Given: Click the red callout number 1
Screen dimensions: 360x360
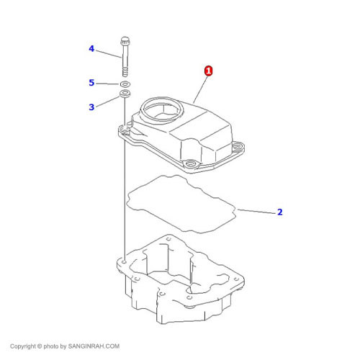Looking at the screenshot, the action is click(208, 71).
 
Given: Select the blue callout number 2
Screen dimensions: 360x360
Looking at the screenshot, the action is click(279, 212).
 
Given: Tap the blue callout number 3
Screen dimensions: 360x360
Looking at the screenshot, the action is click(91, 107).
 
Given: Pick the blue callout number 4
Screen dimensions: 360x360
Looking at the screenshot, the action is click(91, 49).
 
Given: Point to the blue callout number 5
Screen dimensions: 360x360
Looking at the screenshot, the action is click(91, 83).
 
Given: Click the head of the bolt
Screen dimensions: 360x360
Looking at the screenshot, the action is click(125, 41).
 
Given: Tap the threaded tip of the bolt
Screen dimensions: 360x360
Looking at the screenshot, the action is click(125, 72).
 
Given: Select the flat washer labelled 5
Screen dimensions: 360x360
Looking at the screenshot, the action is click(125, 84).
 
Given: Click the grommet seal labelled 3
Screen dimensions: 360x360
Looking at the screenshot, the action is click(125, 94).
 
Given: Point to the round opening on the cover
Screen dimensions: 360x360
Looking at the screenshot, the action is click(161, 110).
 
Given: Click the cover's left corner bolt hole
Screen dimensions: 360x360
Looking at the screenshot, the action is click(125, 130).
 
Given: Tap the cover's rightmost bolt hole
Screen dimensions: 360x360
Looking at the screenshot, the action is click(238, 145).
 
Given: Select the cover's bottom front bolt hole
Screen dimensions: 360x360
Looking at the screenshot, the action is click(190, 164).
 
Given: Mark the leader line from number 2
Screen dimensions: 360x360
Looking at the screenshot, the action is click(256, 212).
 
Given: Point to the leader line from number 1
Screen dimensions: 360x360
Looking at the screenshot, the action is click(199, 89).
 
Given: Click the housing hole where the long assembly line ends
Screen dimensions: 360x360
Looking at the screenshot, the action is click(124, 261).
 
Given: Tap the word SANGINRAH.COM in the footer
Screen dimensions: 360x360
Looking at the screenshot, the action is click(94, 346).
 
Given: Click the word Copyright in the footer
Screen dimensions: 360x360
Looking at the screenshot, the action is click(23, 346).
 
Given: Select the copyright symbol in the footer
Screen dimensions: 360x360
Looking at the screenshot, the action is click(40, 346).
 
